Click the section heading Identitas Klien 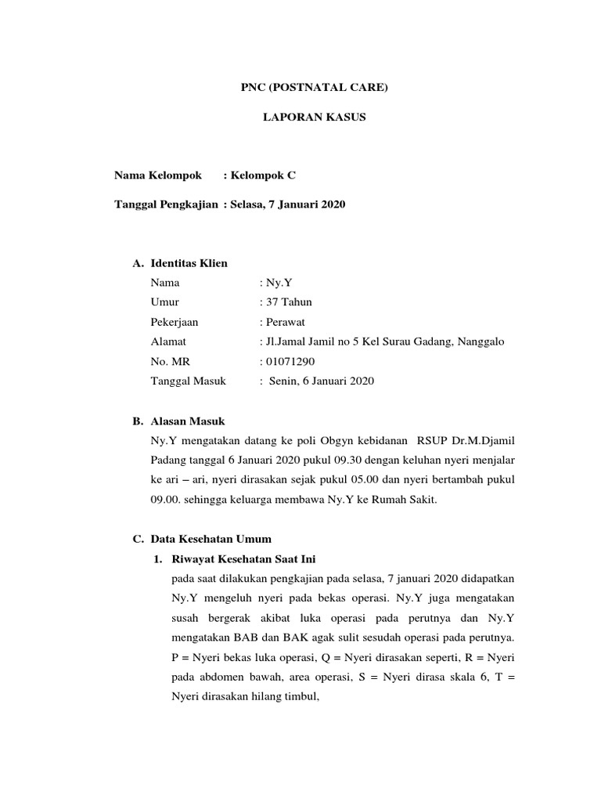pos(189,263)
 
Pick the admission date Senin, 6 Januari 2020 pos(321,381)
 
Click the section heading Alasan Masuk pos(187,421)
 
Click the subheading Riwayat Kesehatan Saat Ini pos(242,558)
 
